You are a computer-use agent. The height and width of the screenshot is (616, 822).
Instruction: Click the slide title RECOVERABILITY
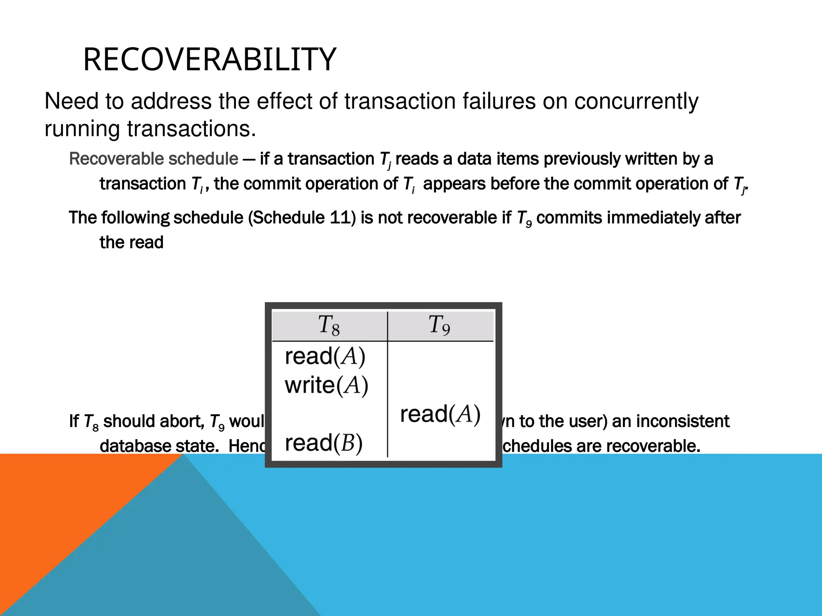(209, 60)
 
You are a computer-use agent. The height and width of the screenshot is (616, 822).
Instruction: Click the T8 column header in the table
(329, 325)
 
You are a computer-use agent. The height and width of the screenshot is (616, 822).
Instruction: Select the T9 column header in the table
(439, 325)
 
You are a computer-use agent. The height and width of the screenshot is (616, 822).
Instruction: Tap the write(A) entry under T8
(326, 385)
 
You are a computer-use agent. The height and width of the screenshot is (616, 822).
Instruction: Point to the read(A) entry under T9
(440, 414)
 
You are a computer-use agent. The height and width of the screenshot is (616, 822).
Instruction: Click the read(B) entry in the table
(324, 443)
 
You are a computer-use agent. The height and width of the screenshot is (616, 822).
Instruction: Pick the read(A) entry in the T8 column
(325, 357)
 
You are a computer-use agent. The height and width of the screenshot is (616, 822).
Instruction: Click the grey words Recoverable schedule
(154, 159)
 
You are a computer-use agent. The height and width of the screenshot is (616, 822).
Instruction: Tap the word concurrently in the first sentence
(636, 101)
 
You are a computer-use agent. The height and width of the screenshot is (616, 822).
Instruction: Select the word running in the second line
(82, 129)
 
